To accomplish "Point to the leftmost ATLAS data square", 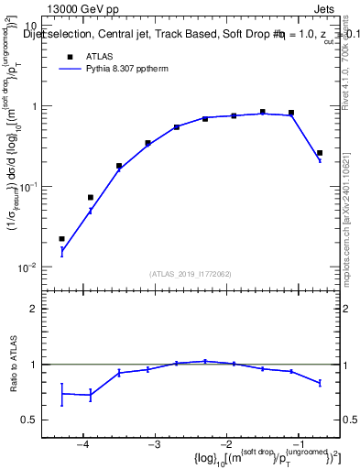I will (x=62, y=239).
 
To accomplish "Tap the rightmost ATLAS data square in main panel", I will (x=319, y=153).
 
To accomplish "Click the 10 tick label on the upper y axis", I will (x=30, y=27).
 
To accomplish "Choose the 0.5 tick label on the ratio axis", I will (x=31, y=420).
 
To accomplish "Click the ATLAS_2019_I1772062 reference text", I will (x=191, y=273).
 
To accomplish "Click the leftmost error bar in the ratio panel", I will (x=62, y=394).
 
